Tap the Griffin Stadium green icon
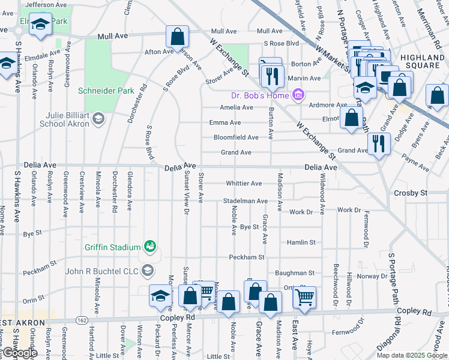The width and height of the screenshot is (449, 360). coord(149,245)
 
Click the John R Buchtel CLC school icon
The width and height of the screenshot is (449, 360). coord(148,271)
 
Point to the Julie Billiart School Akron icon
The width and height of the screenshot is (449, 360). coord(97,119)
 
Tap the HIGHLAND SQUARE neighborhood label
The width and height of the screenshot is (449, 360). coord(423,61)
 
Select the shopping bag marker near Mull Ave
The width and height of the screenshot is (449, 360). coord(177,37)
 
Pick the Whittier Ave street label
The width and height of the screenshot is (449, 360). coord(244,183)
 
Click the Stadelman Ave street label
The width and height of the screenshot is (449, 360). coord(245,200)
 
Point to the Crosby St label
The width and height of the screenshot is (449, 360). coord(410,193)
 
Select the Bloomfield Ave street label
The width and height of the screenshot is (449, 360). coord(236,137)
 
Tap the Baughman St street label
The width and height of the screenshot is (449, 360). coord(295,272)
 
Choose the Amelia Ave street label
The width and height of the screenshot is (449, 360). coord(236,107)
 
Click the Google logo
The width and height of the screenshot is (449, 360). coord(20,353)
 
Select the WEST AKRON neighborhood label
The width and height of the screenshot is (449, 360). coord(23,323)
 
